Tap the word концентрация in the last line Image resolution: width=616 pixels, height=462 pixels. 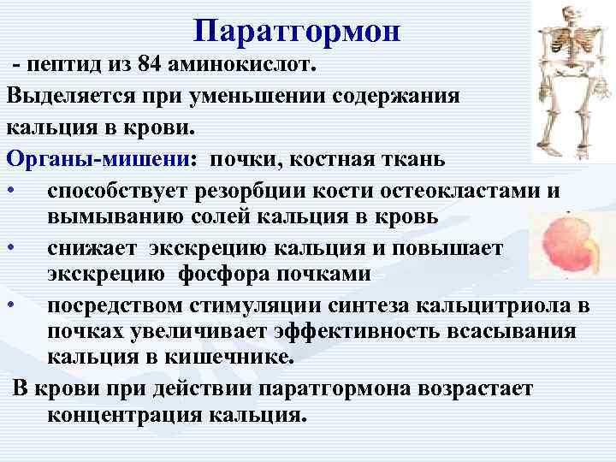(x=123, y=417)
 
